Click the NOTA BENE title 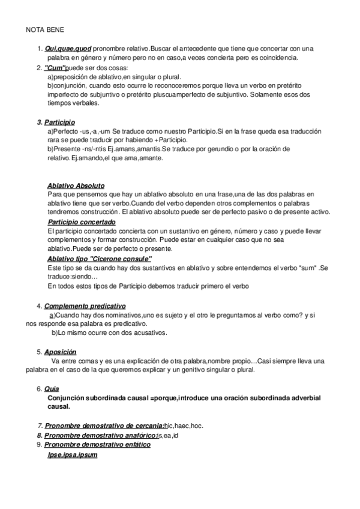pyautogui.click(x=45, y=28)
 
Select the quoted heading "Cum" pyautogui.click(x=56, y=68)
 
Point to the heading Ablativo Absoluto pyautogui.click(x=76, y=185)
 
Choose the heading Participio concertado pyautogui.click(x=82, y=222)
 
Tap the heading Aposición pyautogui.click(x=61, y=352)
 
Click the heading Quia pyautogui.click(x=52, y=389)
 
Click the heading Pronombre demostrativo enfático pyautogui.click(x=97, y=445)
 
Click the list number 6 pyautogui.click(x=39, y=389)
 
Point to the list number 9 pyautogui.click(x=39, y=445)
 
